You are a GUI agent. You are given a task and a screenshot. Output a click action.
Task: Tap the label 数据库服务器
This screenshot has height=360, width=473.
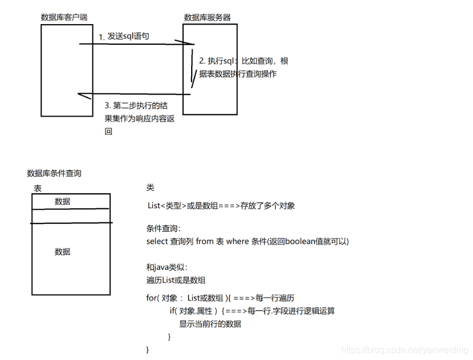pyautogui.click(x=207, y=17)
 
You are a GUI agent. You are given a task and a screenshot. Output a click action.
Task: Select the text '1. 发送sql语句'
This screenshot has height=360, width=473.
pyautogui.click(x=124, y=36)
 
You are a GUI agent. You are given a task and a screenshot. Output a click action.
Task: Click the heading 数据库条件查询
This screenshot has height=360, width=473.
pyautogui.click(x=54, y=174)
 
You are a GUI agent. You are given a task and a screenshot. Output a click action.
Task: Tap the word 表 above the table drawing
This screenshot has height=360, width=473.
pyautogui.click(x=38, y=188)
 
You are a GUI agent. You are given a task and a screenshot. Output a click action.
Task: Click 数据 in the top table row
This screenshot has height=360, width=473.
pyautogui.click(x=63, y=202)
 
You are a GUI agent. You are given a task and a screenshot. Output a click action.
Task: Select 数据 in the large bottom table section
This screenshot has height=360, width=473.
pyautogui.click(x=63, y=252)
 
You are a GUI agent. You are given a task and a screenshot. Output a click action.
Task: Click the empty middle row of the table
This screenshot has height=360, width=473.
pyautogui.click(x=71, y=216)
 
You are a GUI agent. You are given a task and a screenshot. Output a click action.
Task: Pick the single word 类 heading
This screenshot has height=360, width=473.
pyautogui.click(x=150, y=188)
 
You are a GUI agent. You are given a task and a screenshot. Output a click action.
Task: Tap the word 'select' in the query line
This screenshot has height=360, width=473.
pyautogui.click(x=157, y=241)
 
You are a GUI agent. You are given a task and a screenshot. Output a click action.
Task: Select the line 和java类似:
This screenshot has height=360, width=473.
pyautogui.click(x=167, y=268)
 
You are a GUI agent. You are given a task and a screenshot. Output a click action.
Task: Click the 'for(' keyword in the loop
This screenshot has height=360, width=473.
pyautogui.click(x=152, y=298)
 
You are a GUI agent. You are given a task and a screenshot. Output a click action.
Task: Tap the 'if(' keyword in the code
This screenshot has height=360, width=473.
pyautogui.click(x=174, y=311)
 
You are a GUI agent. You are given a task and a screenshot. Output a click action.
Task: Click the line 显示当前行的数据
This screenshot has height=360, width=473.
pyautogui.click(x=210, y=324)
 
